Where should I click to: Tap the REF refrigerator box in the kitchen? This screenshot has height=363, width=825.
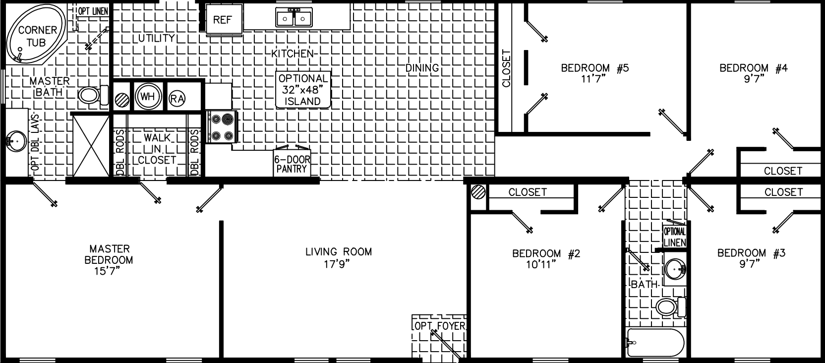click(x=224, y=20)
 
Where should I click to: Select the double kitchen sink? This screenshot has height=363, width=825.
click(x=294, y=18)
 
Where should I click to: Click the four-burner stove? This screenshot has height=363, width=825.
click(x=222, y=127)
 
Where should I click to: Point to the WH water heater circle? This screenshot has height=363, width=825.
click(x=148, y=97)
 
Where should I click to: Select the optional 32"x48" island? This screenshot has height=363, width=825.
click(x=303, y=90)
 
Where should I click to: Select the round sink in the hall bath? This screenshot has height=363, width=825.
click(x=675, y=269)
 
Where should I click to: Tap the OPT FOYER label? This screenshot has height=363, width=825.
click(x=439, y=326)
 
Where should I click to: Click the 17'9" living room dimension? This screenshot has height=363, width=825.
click(x=338, y=264)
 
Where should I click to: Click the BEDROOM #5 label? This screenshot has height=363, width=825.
click(x=594, y=68)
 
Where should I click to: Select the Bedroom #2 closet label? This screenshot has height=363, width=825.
click(x=528, y=192)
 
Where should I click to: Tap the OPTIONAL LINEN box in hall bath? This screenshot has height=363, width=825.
click(x=675, y=237)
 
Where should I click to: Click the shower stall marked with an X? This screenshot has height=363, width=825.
click(x=91, y=144)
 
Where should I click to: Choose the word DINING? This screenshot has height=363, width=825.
click(x=422, y=67)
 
